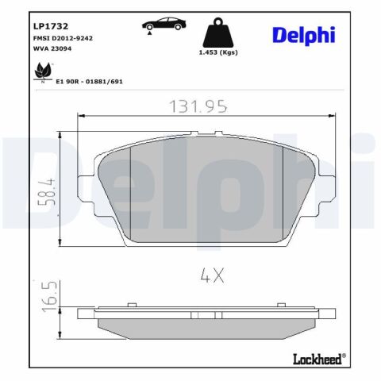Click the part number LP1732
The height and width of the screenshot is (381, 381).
pos(51,26)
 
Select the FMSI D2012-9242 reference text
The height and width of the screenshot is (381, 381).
pos(63,38)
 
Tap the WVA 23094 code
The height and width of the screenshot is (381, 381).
pos(52,48)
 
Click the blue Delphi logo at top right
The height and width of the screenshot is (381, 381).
pos(304,36)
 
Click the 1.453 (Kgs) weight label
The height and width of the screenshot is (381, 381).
pos(218,52)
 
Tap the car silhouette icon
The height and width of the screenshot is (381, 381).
pos(164,24)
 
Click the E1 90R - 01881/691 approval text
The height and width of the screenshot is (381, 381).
pos(90,82)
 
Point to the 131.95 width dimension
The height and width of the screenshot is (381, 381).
pos(198,106)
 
